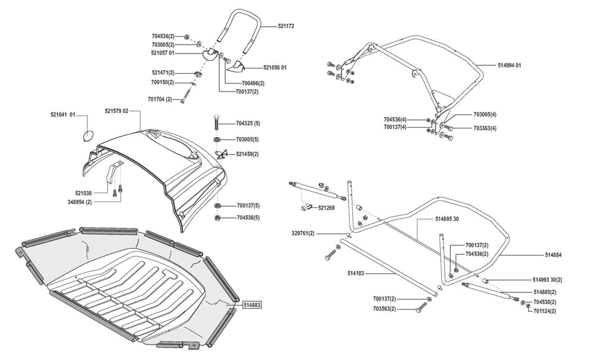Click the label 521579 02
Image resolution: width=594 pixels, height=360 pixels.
click(x=117, y=112)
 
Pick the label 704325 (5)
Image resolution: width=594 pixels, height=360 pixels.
click(x=248, y=124)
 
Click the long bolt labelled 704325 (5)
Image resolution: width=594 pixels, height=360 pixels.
click(x=217, y=124)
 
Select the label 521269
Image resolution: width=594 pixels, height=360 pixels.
click(x=327, y=208)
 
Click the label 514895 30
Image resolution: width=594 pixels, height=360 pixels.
click(x=447, y=219)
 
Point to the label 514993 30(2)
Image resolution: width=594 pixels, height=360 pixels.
click(x=547, y=280)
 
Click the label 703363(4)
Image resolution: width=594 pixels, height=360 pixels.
click(x=485, y=128)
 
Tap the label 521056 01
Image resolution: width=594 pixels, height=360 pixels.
click(x=275, y=68)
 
